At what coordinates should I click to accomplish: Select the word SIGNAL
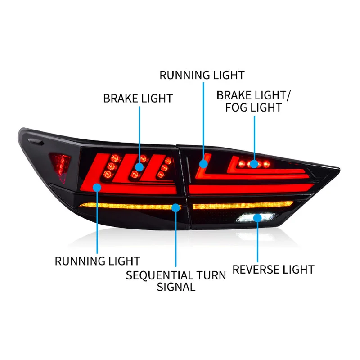pos(176,287)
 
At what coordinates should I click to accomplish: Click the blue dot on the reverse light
pos(257,218)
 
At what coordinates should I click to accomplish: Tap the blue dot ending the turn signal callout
pos(176,208)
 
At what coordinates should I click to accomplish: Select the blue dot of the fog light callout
pos(254,164)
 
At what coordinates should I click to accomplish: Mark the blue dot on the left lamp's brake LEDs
pos(139,166)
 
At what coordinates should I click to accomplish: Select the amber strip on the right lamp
pos(243,206)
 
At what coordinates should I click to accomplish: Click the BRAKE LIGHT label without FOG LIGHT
pos(138,98)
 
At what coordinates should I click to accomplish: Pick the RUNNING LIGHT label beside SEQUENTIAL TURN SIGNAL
pos(97,261)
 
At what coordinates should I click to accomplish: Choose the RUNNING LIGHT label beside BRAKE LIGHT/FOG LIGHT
pos(202,75)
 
